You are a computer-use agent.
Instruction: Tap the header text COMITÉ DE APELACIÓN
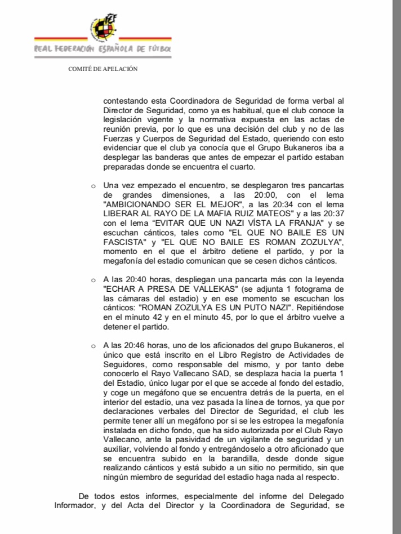(103, 69)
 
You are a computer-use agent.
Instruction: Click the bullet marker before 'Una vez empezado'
(93, 185)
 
